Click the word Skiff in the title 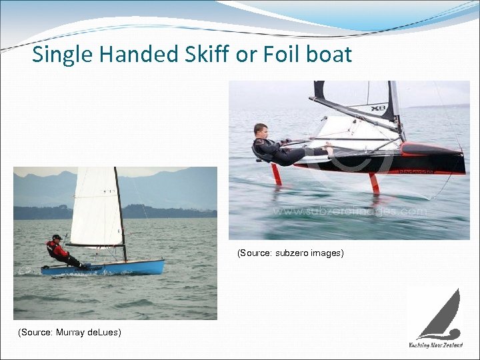click(x=199, y=54)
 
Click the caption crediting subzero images click(x=291, y=253)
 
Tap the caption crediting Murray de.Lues click(x=70, y=331)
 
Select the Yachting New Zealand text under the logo click(x=435, y=345)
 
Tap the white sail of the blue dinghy click(x=97, y=207)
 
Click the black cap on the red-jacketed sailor click(x=57, y=236)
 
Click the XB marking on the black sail click(x=378, y=107)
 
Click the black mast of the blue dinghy click(x=120, y=213)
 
